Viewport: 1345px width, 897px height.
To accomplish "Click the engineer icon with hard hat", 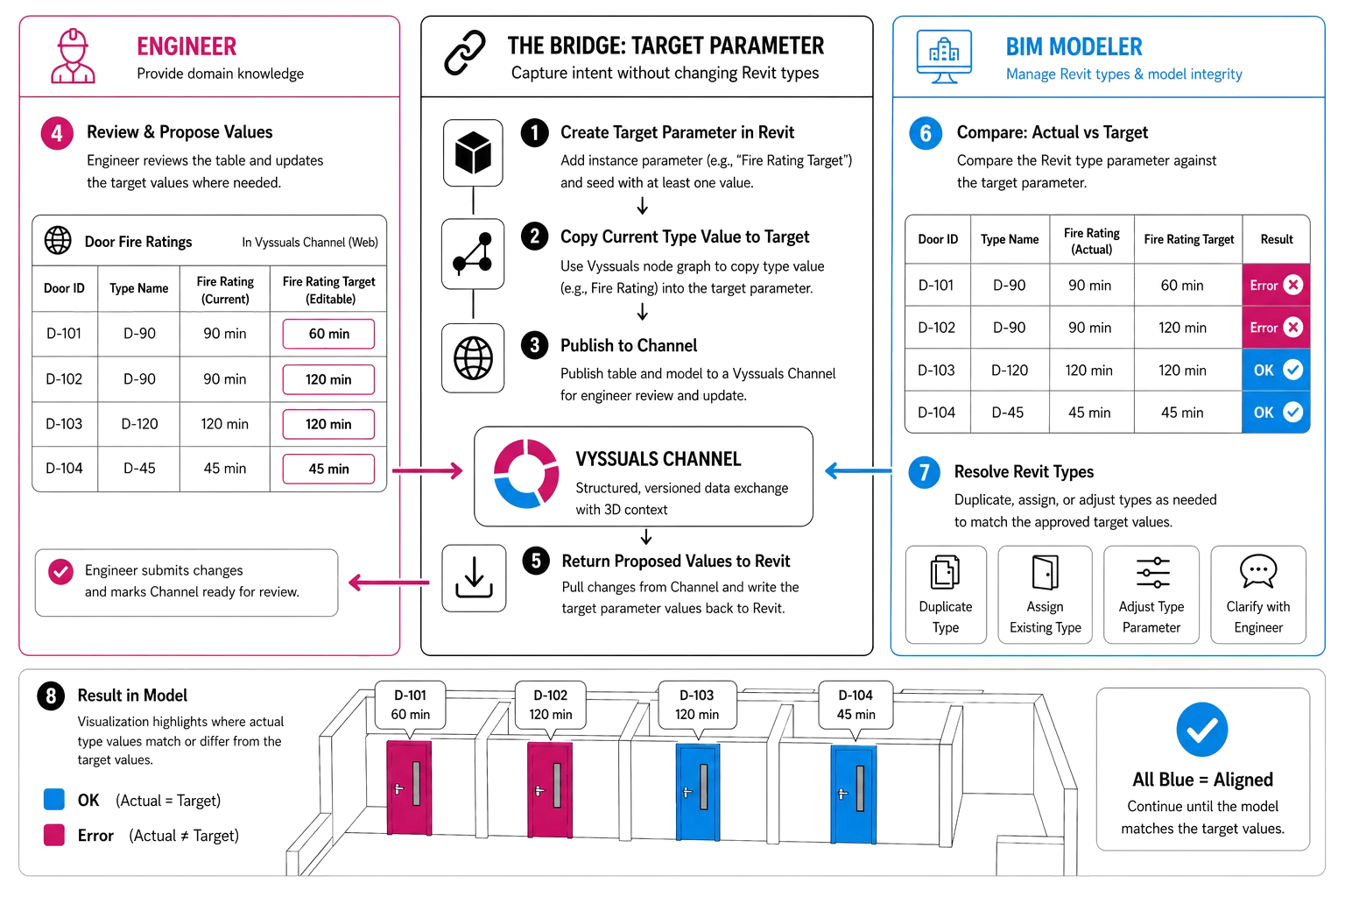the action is click(x=73, y=56).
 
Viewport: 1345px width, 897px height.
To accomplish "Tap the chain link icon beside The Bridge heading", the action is click(x=465, y=53).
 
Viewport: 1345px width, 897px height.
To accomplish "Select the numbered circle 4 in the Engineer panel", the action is click(x=57, y=133).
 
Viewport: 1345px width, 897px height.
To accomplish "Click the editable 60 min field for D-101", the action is click(x=328, y=334).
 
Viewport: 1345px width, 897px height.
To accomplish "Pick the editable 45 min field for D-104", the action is click(x=328, y=469).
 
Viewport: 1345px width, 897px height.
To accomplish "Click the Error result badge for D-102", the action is click(x=1276, y=328).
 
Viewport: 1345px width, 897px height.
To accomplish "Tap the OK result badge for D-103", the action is click(x=1276, y=370).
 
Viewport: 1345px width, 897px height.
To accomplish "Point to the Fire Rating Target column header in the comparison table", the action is click(x=1189, y=239).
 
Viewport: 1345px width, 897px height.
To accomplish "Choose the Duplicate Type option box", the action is click(x=946, y=595).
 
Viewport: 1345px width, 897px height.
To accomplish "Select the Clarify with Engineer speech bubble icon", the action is click(x=1258, y=571).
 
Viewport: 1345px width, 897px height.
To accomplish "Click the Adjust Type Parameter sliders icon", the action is click(x=1153, y=572).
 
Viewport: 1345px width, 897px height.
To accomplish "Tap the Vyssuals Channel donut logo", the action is click(x=526, y=473).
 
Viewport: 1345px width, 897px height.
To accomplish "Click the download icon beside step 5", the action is click(x=474, y=578).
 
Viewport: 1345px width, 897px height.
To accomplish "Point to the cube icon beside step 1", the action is click(x=473, y=152).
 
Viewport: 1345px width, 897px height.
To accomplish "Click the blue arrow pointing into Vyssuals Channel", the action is click(x=859, y=471).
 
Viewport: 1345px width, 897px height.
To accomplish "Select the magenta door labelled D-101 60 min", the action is click(x=409, y=788).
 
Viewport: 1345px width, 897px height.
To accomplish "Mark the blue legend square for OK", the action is click(x=54, y=800).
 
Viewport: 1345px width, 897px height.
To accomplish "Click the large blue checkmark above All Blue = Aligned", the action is click(x=1202, y=730).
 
